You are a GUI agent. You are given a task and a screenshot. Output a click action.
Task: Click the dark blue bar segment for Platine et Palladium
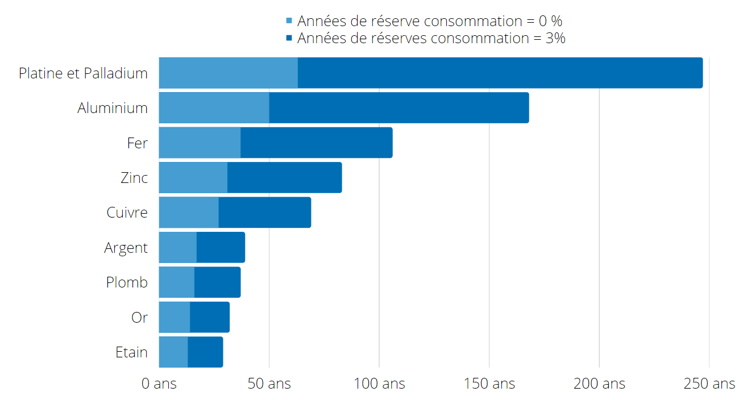pos(500,73)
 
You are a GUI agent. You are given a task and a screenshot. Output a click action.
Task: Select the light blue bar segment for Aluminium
pos(214,108)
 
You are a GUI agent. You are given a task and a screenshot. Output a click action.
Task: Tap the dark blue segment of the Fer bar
pos(316,143)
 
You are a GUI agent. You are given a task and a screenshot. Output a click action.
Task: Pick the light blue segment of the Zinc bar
pos(193,177)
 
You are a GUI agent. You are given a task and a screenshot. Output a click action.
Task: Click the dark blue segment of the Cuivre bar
pos(264,213)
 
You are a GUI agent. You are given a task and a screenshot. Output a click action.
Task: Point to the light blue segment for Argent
pos(177,247)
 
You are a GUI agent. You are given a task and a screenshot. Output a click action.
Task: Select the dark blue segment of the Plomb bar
pos(217,282)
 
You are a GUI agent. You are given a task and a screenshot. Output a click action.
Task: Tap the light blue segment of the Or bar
pos(174,317)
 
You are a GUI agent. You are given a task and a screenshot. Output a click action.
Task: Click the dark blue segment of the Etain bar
pos(205,352)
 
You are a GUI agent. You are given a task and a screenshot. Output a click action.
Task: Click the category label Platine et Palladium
pos(83,73)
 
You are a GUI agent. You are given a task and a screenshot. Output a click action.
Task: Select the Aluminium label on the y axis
pos(113,108)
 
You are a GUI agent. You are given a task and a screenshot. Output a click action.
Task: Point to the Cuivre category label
pos(127,213)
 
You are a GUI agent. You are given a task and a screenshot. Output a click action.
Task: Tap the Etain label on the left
pos(131,352)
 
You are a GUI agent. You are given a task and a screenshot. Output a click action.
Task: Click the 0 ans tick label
pos(159,384)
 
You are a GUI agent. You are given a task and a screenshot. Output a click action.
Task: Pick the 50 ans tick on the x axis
pos(269,384)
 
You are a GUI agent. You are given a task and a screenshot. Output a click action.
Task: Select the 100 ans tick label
pos(379,384)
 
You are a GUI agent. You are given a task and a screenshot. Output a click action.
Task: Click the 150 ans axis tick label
pos(489,384)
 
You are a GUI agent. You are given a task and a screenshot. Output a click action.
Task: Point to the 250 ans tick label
pos(709,384)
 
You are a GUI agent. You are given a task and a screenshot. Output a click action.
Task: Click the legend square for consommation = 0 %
pos(289,21)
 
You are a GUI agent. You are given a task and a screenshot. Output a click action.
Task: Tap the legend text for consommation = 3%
pos(431,38)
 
